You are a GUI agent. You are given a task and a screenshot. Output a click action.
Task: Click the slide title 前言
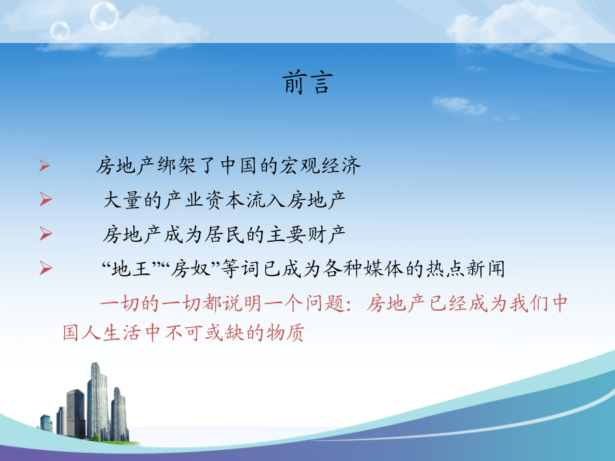307,83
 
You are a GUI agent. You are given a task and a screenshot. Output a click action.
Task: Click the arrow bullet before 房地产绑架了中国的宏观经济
44,165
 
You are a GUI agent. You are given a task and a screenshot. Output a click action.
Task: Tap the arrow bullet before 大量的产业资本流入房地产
46,199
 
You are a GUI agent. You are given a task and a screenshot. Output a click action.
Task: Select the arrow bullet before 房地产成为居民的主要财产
46,234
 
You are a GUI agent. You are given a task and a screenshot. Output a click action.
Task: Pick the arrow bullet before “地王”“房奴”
46,268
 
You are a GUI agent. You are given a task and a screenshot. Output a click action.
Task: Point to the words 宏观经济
320,165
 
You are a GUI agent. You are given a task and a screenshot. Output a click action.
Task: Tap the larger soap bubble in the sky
104,16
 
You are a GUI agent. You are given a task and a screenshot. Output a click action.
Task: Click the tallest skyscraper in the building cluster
97,400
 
